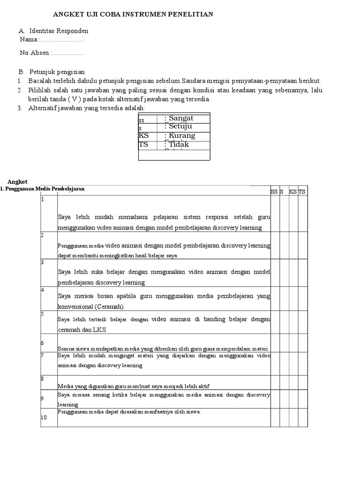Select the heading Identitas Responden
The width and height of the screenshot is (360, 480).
click(59, 31)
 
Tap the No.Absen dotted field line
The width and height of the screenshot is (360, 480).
click(67, 53)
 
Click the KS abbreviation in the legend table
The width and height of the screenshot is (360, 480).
click(143, 136)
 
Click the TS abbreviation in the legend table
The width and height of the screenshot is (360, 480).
click(143, 145)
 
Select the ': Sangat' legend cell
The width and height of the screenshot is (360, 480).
click(179, 118)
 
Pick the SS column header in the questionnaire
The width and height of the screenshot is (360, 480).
click(274, 192)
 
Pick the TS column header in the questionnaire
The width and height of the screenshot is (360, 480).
click(302, 192)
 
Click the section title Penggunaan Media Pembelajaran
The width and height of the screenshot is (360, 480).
click(44, 188)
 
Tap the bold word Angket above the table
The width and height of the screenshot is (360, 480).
click(18, 181)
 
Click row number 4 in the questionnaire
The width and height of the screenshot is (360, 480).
click(43, 290)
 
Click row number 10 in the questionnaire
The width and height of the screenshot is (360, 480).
click(44, 418)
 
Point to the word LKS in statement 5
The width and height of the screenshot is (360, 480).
click(99, 330)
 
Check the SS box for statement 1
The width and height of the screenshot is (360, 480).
click(274, 213)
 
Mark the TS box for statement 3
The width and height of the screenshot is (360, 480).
click(302, 272)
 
